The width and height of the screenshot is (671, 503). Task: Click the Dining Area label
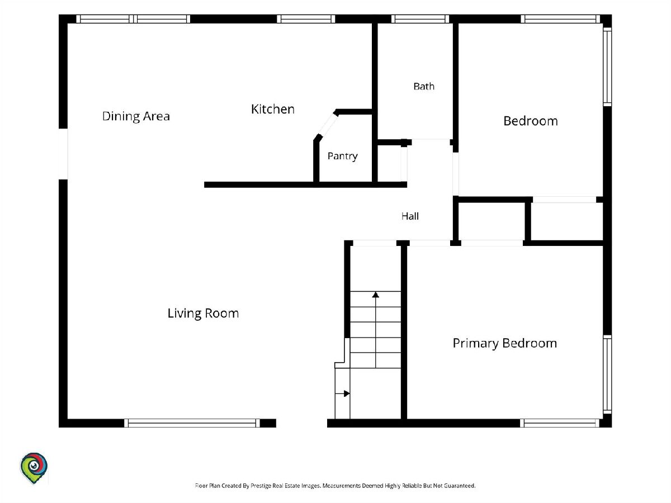(136, 116)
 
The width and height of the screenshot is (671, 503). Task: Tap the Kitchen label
(273, 109)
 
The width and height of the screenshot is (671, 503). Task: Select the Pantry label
(342, 156)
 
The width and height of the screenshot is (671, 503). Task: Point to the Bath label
(424, 87)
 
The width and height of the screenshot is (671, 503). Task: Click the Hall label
(410, 216)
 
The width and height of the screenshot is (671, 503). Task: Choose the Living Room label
(203, 314)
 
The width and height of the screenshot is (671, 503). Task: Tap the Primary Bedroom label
(505, 344)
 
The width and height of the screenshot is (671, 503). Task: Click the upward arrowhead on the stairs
(375, 295)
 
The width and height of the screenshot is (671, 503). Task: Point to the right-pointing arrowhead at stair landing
(347, 393)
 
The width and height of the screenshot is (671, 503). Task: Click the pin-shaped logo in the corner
(34, 468)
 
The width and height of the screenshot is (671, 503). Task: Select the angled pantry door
(328, 125)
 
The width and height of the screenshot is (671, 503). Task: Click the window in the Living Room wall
(192, 423)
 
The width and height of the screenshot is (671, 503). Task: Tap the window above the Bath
(420, 19)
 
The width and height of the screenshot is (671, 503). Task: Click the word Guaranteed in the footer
(460, 486)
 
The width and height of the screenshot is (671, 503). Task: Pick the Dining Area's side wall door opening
(63, 154)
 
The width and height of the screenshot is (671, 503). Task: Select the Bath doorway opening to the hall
(431, 143)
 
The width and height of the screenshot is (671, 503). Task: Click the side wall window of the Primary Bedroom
(607, 374)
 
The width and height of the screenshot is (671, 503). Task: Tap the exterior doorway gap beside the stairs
(301, 423)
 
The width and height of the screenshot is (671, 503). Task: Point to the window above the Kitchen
(306, 19)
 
